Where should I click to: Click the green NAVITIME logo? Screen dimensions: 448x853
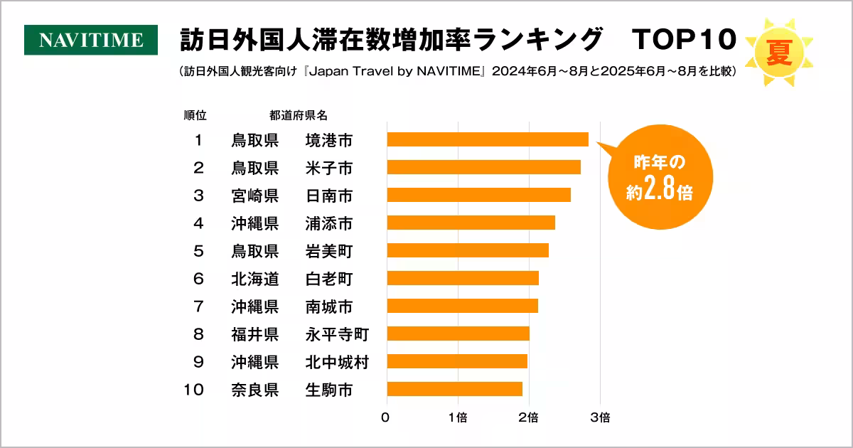click(x=91, y=40)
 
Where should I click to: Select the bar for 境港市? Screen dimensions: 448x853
click(x=488, y=139)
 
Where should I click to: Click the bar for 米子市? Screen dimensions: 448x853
click(x=483, y=167)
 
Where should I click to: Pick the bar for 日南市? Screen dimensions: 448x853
click(x=478, y=195)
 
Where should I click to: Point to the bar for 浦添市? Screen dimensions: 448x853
click(x=471, y=223)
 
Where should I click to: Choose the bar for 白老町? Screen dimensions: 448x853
click(x=463, y=278)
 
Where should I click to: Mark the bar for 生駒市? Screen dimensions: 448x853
click(x=454, y=389)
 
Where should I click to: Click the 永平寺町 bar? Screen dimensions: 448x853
click(x=458, y=334)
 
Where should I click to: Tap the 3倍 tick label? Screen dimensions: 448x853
click(x=600, y=417)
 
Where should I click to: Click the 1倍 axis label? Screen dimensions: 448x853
click(x=458, y=417)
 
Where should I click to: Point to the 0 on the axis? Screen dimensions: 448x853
click(x=385, y=417)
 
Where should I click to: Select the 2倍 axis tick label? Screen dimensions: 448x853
click(x=528, y=417)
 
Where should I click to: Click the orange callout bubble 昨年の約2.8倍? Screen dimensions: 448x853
click(x=659, y=178)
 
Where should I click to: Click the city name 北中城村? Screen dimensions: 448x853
click(x=336, y=361)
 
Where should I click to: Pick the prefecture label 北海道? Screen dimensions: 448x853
click(x=254, y=278)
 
